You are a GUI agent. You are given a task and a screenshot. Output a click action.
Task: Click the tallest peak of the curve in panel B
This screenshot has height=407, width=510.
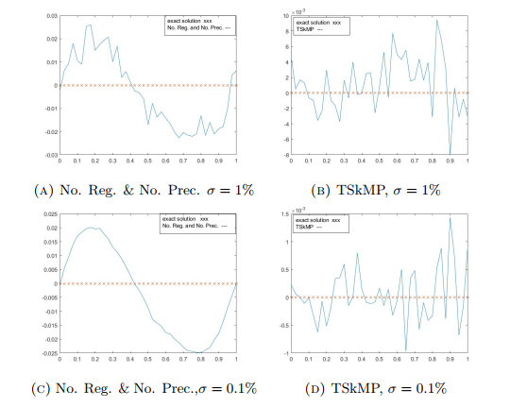click(x=436, y=21)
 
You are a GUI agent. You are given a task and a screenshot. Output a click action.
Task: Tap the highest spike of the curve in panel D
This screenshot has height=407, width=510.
click(x=450, y=218)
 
